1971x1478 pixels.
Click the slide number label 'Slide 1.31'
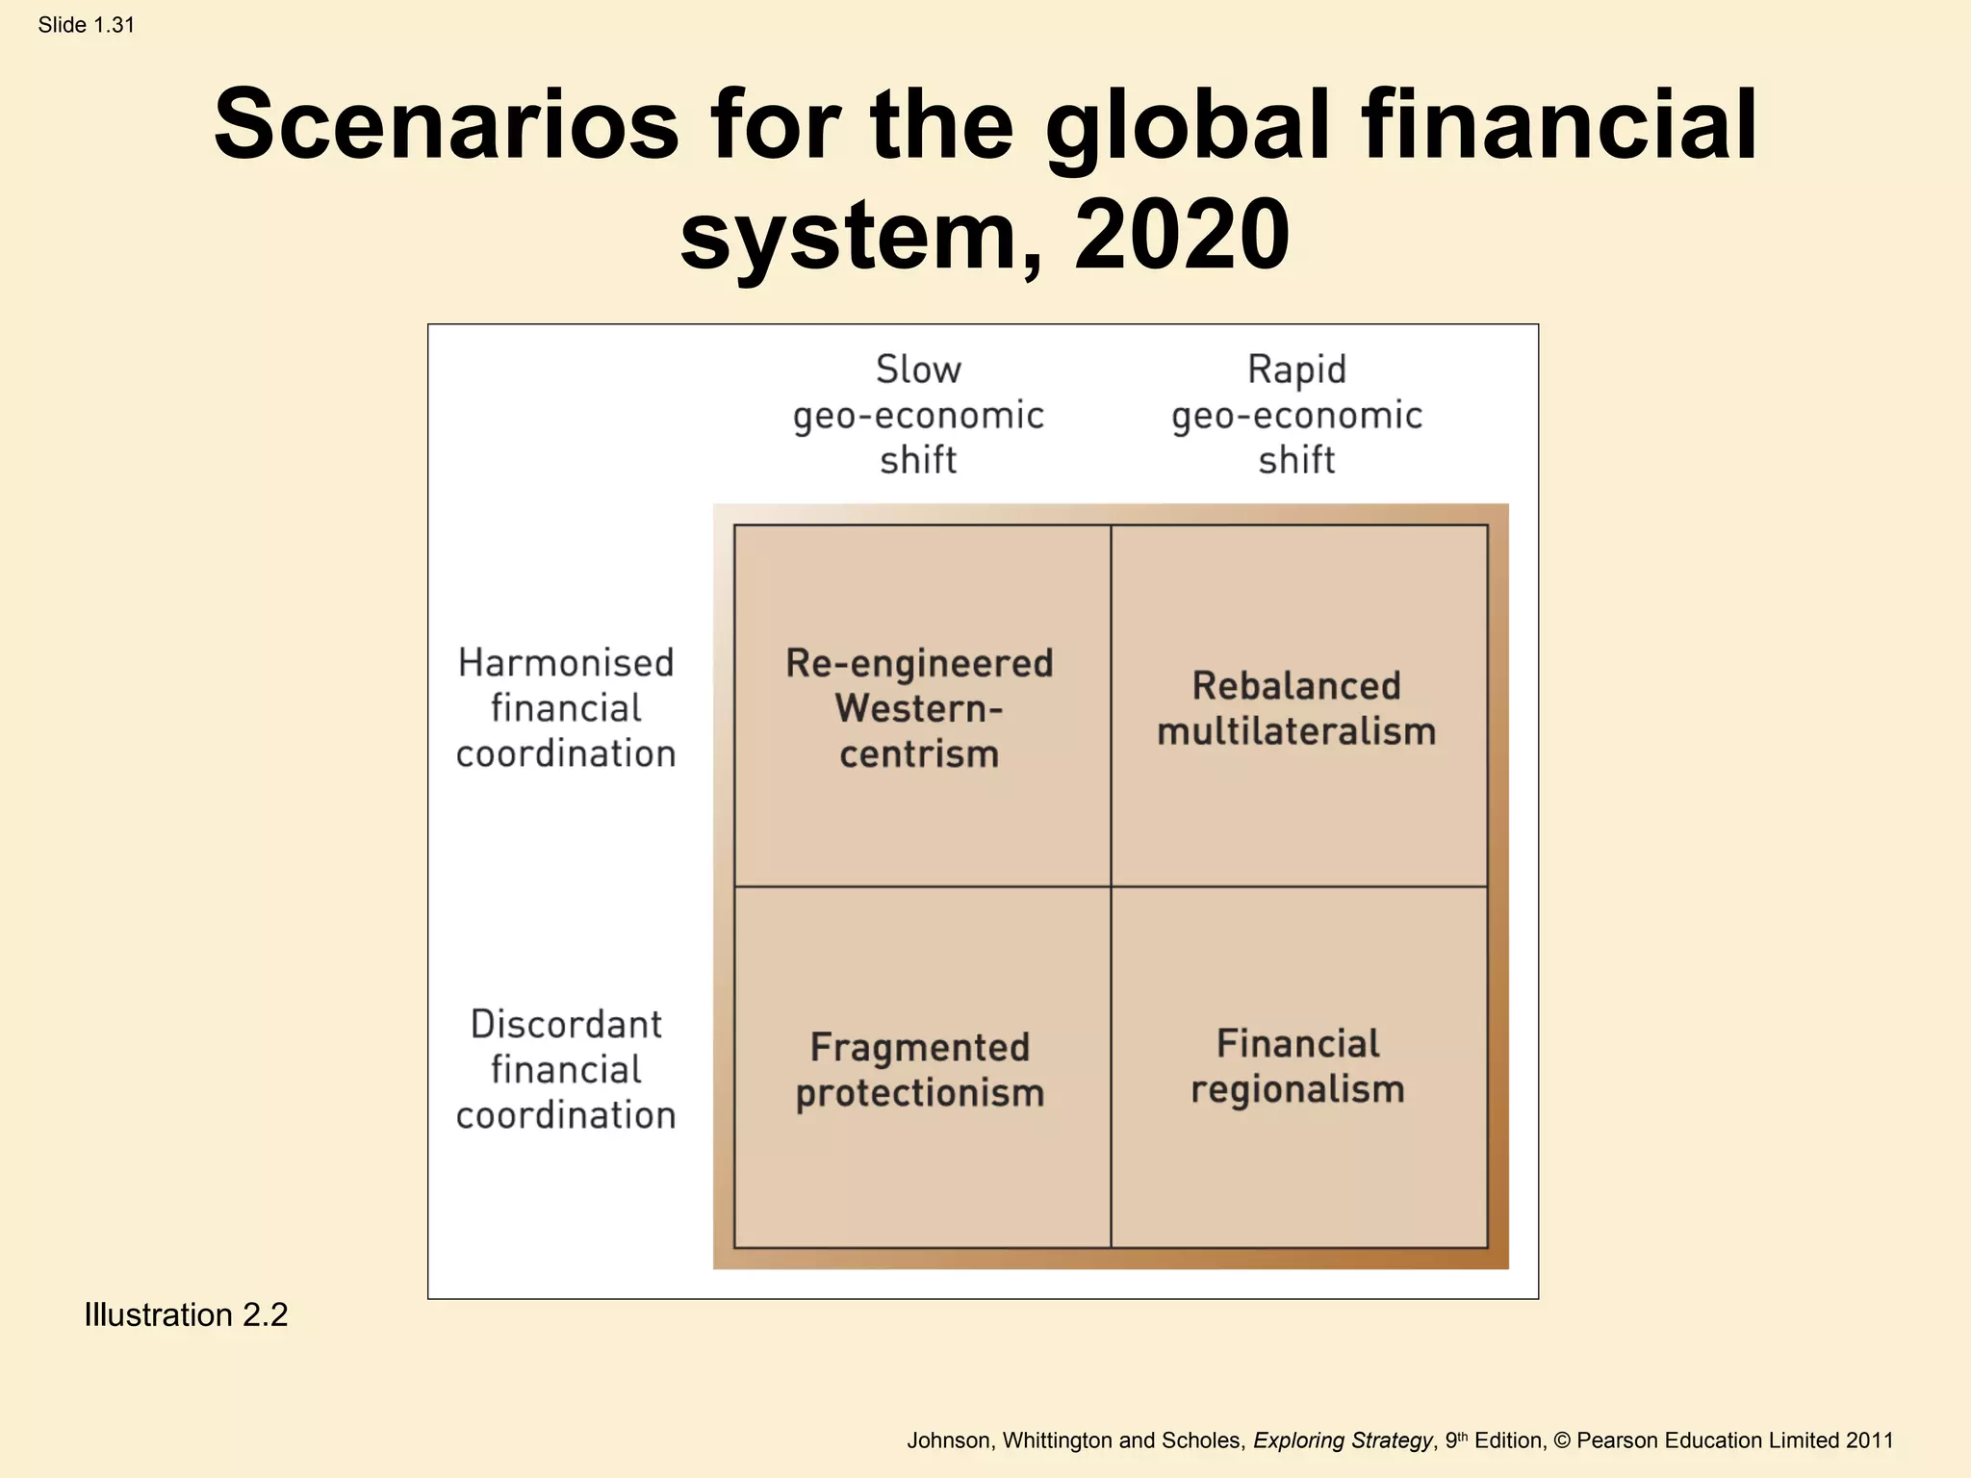click(86, 25)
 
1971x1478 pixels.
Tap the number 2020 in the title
click(1181, 235)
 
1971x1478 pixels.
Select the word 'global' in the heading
click(1188, 125)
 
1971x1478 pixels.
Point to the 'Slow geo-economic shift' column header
click(918, 415)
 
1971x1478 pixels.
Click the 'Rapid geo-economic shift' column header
click(1296, 415)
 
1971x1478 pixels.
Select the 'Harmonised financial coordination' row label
click(566, 708)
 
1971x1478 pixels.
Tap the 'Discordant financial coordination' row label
click(566, 1069)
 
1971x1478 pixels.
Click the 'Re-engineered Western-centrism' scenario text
click(919, 708)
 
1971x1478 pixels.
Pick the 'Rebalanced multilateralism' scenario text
click(1296, 708)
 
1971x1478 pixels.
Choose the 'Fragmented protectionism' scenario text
click(919, 1070)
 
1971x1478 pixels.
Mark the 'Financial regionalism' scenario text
click(1297, 1066)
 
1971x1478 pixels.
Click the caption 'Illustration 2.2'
click(186, 1314)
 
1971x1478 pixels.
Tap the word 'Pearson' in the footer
click(1618, 1440)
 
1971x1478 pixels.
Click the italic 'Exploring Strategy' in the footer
click(1343, 1440)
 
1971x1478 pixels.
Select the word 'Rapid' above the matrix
click(1296, 369)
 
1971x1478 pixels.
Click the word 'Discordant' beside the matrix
click(566, 1025)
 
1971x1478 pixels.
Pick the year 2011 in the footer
click(1869, 1440)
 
